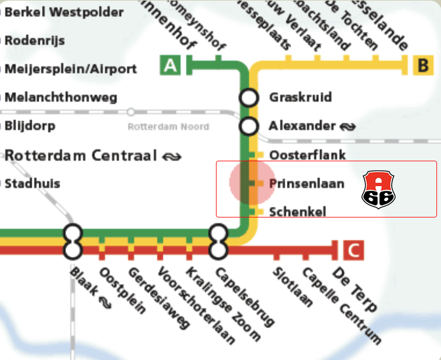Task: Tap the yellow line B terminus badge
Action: [x=422, y=65]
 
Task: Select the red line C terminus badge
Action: [x=353, y=250]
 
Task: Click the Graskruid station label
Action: [x=300, y=98]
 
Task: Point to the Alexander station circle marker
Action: [x=248, y=126]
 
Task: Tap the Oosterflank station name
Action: [x=307, y=155]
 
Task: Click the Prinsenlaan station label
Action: [x=306, y=183]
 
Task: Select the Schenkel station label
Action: [x=298, y=212]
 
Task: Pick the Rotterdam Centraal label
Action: [x=80, y=155]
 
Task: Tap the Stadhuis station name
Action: [x=32, y=183]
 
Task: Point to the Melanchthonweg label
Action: [x=61, y=98]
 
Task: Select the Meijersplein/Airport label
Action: [x=70, y=69]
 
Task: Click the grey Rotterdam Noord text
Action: [x=168, y=127]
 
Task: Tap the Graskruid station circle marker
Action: [x=248, y=98]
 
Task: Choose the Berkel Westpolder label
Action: [x=64, y=12]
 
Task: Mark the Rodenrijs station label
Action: [x=35, y=41]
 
